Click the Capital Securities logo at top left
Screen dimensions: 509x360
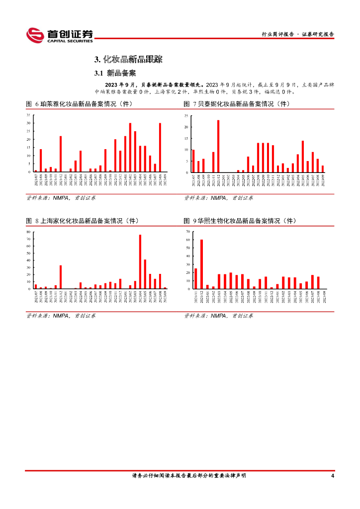(x=59, y=34)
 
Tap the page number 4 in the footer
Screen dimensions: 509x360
(x=332, y=476)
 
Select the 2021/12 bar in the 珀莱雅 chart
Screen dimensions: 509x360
(x=61, y=154)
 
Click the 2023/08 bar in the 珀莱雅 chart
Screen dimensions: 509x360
(x=160, y=148)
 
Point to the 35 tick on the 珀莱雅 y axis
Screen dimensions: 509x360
(x=29, y=115)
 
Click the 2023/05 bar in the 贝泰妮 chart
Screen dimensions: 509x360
(x=303, y=157)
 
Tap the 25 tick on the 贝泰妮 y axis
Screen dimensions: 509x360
(x=186, y=116)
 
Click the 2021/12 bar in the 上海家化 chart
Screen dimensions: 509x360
(x=61, y=277)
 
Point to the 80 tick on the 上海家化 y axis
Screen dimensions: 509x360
(x=29, y=232)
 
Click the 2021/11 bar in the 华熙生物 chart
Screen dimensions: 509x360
(x=196, y=278)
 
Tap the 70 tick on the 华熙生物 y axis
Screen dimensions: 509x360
(x=187, y=232)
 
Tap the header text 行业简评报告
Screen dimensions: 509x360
(x=277, y=34)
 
